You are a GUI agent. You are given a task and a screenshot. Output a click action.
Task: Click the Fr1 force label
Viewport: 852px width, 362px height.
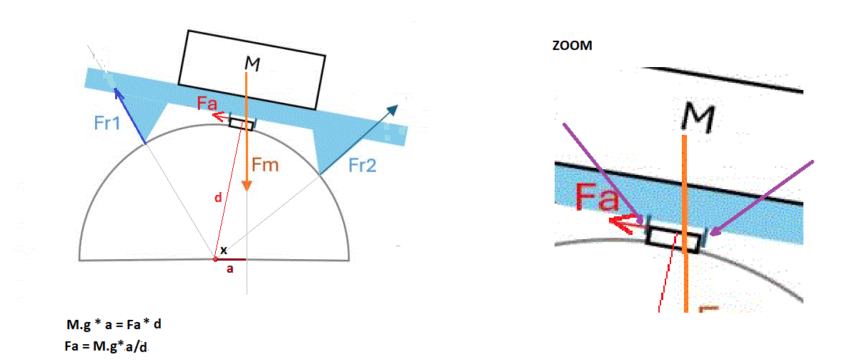[x=107, y=122]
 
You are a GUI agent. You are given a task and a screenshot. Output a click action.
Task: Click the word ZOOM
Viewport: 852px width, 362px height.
[x=572, y=45]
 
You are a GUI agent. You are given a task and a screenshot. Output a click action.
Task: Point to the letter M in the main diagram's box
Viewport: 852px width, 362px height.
[x=252, y=64]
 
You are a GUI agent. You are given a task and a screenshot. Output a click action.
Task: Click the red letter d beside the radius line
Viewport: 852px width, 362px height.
[x=218, y=198]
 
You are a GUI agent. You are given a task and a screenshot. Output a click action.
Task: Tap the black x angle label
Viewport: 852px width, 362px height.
[x=224, y=251]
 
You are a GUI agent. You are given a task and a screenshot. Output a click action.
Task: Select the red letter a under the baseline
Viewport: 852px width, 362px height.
[x=230, y=270]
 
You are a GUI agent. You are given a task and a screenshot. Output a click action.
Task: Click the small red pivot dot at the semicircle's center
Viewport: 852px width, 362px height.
[x=215, y=258]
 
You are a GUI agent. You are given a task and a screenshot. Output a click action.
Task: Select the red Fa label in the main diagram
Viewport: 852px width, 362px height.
[x=208, y=104]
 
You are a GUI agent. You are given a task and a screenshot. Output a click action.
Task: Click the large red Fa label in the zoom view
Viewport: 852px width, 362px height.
[x=597, y=198]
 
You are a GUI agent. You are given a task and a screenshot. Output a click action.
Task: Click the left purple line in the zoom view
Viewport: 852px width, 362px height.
[x=600, y=168]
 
